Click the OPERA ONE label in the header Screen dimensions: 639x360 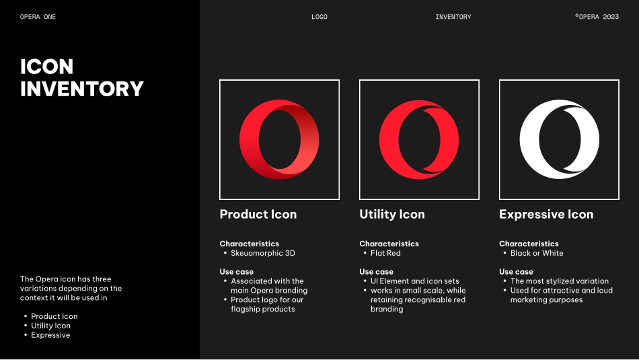[x=38, y=17]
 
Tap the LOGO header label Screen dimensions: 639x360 [x=319, y=17]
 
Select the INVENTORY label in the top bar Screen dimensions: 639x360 [x=453, y=17]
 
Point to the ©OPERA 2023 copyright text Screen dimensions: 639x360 [x=597, y=17]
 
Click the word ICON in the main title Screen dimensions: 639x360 [x=47, y=67]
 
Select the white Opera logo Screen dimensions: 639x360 [x=528, y=139]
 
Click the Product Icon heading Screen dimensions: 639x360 [x=258, y=214]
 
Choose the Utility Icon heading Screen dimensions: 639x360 [x=392, y=214]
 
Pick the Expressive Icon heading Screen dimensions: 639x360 [x=546, y=214]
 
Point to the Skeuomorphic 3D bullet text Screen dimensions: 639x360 [x=263, y=253]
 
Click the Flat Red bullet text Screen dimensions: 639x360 [x=385, y=253]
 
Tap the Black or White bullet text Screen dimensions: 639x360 [x=537, y=253]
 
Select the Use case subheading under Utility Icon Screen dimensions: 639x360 [x=376, y=272]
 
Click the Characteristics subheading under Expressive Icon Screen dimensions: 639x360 [x=529, y=244]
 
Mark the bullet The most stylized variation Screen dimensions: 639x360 [x=560, y=281]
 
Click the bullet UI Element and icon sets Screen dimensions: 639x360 [x=414, y=281]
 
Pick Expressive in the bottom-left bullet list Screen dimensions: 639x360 [x=50, y=335]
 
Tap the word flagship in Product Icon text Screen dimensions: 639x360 [x=245, y=309]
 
